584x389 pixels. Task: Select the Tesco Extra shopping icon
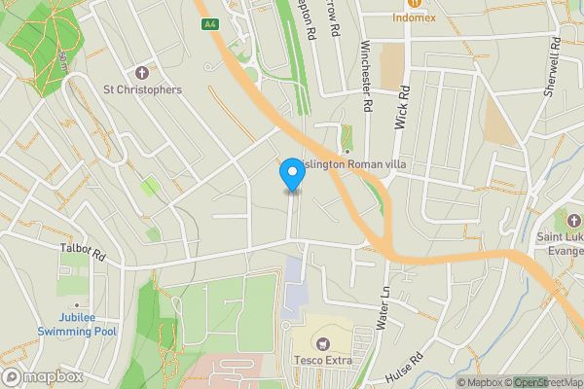[322, 342]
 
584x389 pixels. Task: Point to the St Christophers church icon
[142, 73]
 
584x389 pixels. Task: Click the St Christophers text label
[142, 90]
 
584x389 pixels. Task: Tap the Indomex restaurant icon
[414, 3]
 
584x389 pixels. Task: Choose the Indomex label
[414, 18]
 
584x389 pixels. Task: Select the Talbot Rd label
[82, 250]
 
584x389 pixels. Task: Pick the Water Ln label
[385, 305]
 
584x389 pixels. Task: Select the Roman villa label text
[356, 165]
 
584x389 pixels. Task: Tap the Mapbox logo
[43, 376]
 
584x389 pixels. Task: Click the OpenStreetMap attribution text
[548, 382]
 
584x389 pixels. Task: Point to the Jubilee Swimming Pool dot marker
[77, 304]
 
